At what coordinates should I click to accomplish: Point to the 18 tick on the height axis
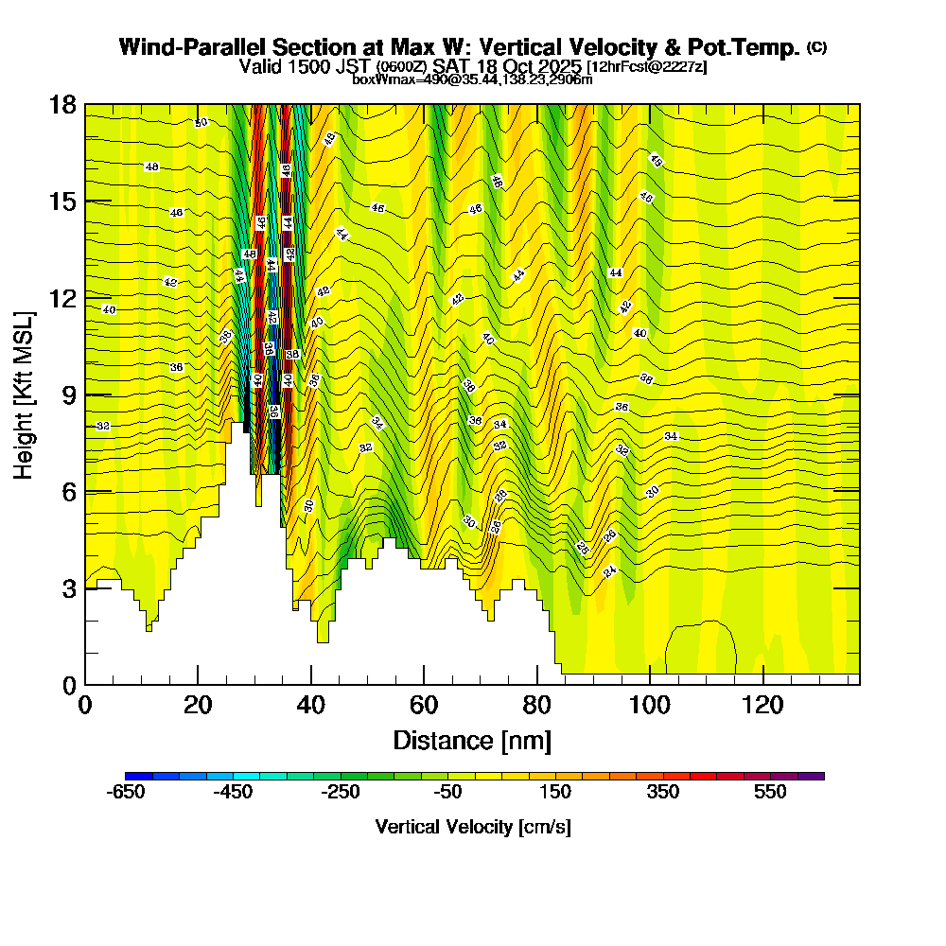tap(62, 104)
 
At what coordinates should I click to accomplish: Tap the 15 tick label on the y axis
tap(62, 201)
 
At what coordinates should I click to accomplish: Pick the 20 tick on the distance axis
tap(198, 705)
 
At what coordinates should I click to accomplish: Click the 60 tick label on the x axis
tap(424, 705)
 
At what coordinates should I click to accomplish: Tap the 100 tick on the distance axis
tap(650, 705)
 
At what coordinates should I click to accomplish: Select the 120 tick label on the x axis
tap(762, 705)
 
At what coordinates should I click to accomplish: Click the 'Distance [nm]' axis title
tap(472, 739)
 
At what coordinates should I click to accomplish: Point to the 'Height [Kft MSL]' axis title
tap(24, 394)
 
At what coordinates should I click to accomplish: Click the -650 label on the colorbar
tap(127, 792)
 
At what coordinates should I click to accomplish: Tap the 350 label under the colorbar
tap(663, 792)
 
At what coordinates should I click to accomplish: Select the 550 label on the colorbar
tap(771, 792)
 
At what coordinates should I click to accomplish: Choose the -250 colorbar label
tap(342, 792)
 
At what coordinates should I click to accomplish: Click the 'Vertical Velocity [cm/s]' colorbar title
tap(473, 827)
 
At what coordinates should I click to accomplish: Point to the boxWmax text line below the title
tap(472, 79)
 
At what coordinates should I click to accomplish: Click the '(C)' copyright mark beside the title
tap(816, 47)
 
